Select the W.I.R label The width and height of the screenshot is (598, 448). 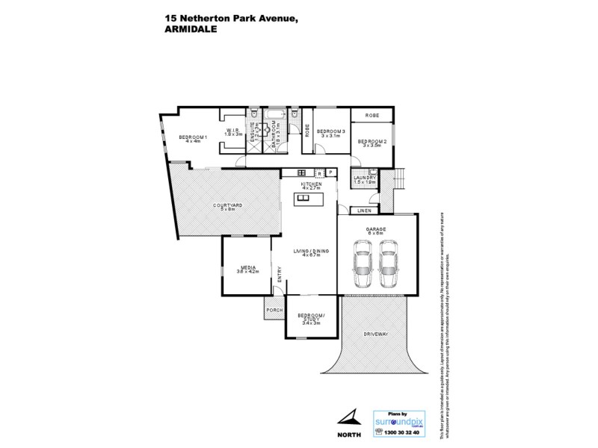coord(233,132)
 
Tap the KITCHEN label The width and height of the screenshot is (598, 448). coord(311,184)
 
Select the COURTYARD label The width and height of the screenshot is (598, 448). coord(227,206)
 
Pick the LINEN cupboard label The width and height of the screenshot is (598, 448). coord(365,211)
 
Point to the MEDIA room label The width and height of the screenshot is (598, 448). coord(247,269)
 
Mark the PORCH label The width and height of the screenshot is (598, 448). coord(274,309)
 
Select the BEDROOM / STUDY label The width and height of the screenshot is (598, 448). coord(309,320)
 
